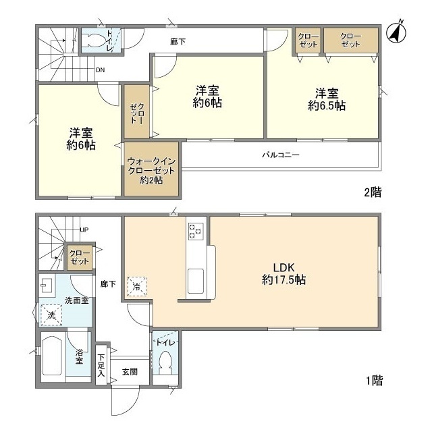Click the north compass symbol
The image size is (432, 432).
pos(396,32)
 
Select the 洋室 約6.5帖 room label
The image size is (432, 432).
pos(327,99)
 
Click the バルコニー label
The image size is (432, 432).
pos(280,155)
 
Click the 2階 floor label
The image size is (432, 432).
pos(373,192)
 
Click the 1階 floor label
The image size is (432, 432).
pos(373,381)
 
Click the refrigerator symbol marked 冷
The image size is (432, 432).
pos(137,286)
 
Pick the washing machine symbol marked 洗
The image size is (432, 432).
pos(51,315)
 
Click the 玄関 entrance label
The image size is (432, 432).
pos(130,371)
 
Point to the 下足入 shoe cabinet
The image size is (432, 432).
pos(101,365)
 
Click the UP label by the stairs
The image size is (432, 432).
pos(84,230)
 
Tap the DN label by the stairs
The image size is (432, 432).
pos(100,70)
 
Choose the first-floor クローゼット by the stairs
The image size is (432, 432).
pos(80,257)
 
